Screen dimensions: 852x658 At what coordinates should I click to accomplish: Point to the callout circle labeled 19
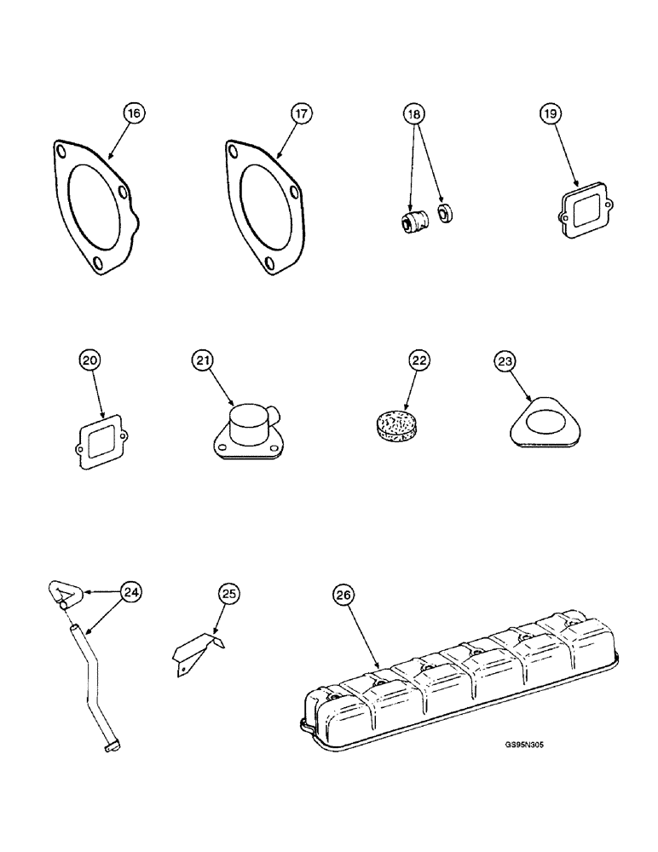550,112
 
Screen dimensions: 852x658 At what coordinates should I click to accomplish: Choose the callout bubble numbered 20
90,361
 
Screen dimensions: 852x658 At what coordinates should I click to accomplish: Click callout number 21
202,361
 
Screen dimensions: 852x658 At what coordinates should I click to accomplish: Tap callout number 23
505,361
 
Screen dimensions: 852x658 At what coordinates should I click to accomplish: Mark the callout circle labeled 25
227,595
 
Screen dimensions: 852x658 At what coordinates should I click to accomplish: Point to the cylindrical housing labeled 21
245,427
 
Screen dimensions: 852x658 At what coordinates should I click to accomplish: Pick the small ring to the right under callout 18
444,213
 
